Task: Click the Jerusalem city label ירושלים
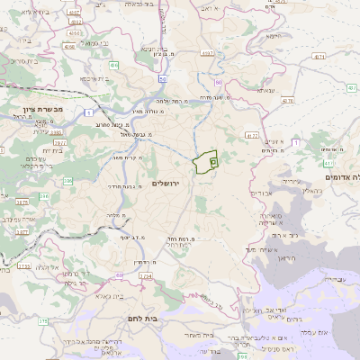(167, 184)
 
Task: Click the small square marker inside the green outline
(213, 162)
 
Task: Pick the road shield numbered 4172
(252, 136)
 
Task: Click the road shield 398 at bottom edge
(243, 355)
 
